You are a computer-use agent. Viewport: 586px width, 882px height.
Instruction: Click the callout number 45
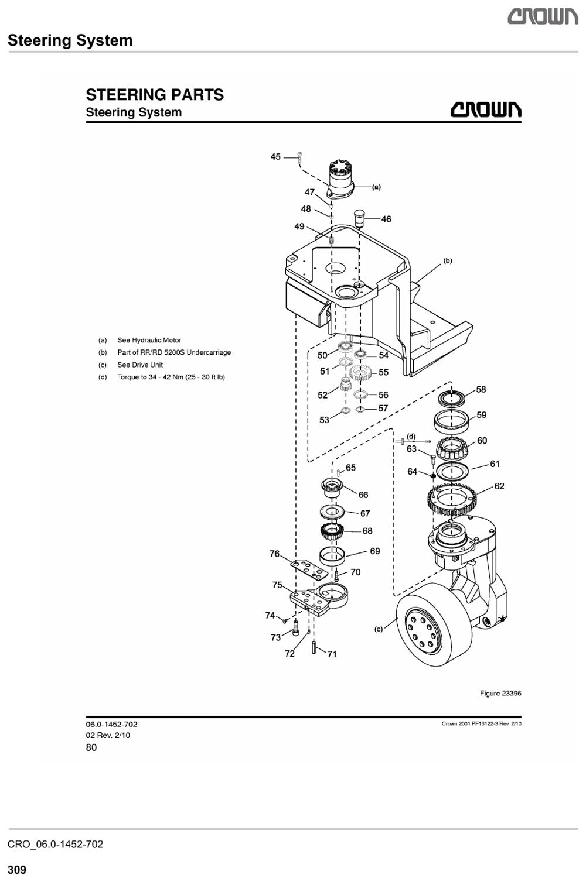pyautogui.click(x=275, y=157)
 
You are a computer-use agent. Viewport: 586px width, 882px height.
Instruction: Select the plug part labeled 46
pyautogui.click(x=359, y=218)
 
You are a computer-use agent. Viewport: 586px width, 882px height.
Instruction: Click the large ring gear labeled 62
pyautogui.click(x=451, y=500)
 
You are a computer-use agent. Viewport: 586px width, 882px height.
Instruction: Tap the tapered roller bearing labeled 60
pyautogui.click(x=452, y=449)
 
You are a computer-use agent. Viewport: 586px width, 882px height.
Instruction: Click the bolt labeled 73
pyautogui.click(x=295, y=627)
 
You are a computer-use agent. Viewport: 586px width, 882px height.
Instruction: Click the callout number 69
pyautogui.click(x=374, y=551)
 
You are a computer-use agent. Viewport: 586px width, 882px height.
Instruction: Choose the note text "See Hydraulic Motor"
pyautogui.click(x=149, y=340)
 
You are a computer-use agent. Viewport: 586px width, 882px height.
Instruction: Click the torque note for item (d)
pyautogui.click(x=171, y=377)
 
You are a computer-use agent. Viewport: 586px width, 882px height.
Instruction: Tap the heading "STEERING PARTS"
pyautogui.click(x=155, y=95)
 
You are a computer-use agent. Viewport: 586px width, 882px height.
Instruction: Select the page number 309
pyautogui.click(x=17, y=869)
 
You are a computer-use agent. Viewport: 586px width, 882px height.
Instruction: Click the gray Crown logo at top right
pyautogui.click(x=543, y=17)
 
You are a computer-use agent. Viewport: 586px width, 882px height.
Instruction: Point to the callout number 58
pyautogui.click(x=481, y=389)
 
